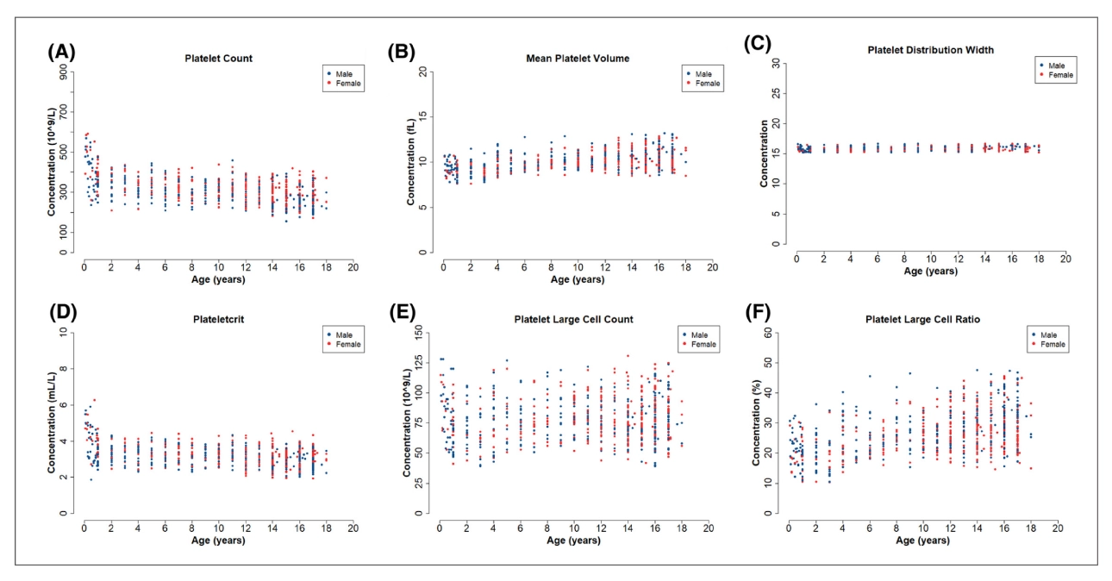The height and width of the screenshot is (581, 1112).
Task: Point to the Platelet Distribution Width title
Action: pos(930,50)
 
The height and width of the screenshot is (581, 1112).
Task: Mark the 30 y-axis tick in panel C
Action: pos(776,63)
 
